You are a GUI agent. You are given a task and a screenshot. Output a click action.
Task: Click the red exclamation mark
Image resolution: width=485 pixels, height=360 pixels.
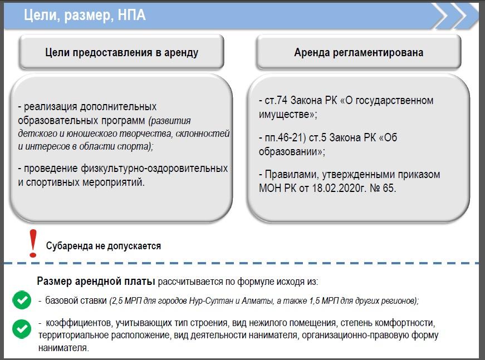click(33, 244)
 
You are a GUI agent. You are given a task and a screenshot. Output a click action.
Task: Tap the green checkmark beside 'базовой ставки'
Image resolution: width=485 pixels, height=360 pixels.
click(22, 300)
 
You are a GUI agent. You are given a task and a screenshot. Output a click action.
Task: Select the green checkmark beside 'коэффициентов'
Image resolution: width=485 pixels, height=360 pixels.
click(22, 329)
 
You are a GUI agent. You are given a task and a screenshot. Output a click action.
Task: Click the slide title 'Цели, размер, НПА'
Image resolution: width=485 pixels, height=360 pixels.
click(85, 15)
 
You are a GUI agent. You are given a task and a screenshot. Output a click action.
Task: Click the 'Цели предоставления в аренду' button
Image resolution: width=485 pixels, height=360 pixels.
click(121, 52)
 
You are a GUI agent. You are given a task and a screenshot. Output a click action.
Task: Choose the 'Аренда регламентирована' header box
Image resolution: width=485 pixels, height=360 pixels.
click(359, 52)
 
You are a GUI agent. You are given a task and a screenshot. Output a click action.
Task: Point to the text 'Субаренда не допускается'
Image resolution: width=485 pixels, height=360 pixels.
click(104, 246)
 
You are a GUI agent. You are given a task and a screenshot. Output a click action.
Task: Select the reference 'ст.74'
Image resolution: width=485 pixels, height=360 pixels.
click(276, 100)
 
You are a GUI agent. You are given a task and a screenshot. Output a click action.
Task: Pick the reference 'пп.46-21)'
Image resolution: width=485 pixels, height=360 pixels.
click(286, 137)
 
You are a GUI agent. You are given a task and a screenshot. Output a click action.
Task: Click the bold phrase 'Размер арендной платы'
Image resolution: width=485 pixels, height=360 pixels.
click(96, 281)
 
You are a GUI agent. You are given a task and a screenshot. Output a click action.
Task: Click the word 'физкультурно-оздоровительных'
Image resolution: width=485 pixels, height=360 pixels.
click(154, 169)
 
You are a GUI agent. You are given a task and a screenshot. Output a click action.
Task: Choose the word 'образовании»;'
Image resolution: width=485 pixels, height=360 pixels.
click(292, 152)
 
